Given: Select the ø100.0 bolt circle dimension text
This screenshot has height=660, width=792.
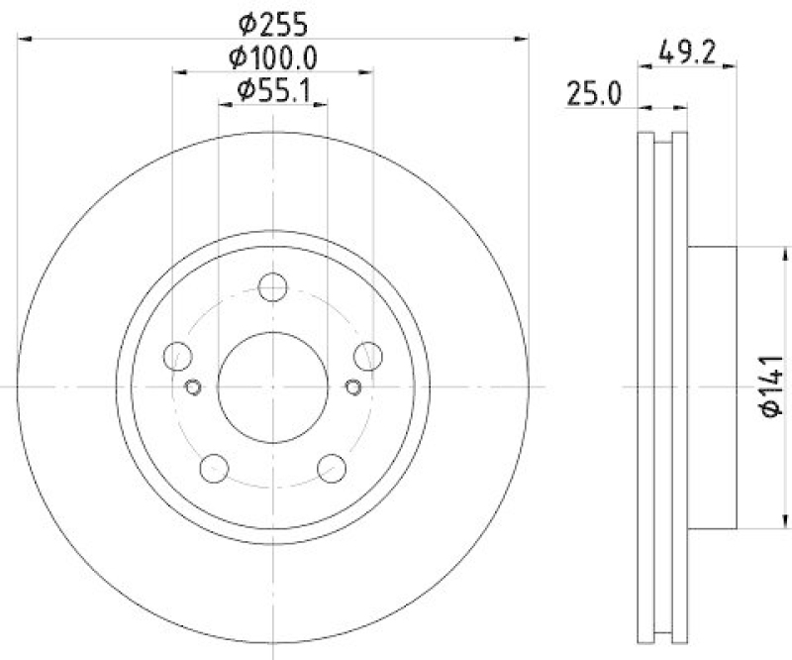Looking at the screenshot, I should (273, 56).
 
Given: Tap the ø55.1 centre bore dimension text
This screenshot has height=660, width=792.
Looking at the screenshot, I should (273, 93).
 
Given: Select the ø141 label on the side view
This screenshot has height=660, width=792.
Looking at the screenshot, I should (773, 387).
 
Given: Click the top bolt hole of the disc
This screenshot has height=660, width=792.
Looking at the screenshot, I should (272, 288).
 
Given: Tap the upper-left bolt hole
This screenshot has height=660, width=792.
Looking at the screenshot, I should (178, 355).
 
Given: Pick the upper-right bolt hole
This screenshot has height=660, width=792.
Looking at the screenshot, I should (367, 355).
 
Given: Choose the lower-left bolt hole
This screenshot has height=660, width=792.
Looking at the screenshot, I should (214, 467).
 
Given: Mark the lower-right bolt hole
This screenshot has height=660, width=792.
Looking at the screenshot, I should (332, 467).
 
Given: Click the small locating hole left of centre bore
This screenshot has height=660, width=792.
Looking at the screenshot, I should (193, 386).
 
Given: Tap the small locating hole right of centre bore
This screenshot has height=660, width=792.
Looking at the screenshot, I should (353, 386).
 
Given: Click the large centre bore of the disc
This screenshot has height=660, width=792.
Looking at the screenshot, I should (272, 386).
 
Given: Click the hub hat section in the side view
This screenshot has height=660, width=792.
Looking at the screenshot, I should (713, 386).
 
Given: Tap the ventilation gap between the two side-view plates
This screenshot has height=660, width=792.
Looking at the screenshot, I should (662, 386).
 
